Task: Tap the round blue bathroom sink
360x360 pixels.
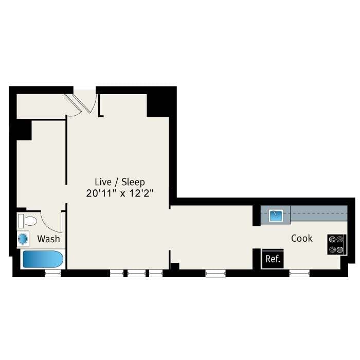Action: click(x=24, y=239)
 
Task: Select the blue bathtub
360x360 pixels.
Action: click(x=43, y=259)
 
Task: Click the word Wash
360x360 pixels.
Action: click(x=48, y=239)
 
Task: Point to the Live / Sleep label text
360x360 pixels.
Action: click(x=120, y=182)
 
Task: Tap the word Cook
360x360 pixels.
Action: click(x=302, y=238)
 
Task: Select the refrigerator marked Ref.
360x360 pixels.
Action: click(x=273, y=259)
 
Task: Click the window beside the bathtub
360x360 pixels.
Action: click(x=53, y=273)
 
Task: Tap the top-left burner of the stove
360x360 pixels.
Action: click(x=332, y=239)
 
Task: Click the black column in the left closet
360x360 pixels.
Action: click(x=23, y=129)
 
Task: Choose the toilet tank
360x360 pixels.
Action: click(x=21, y=221)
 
